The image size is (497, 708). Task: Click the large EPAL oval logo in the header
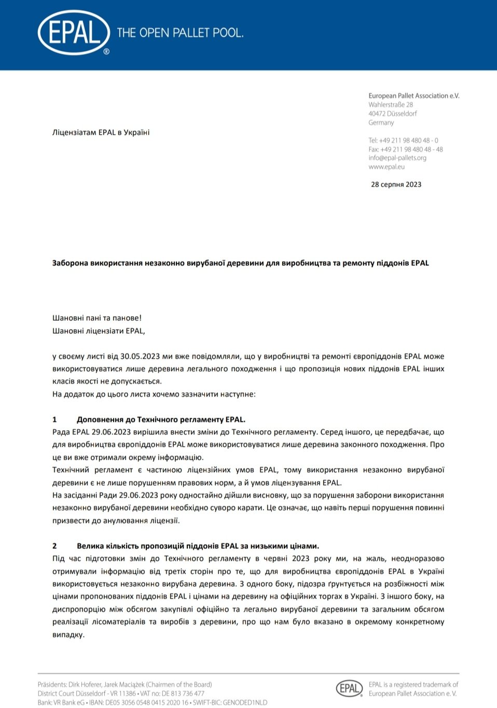(x=74, y=33)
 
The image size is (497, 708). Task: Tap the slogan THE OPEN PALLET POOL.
(x=180, y=33)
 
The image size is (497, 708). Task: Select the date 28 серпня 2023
(x=396, y=185)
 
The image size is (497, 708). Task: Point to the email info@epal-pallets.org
(x=397, y=158)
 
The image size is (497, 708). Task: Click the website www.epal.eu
(x=386, y=167)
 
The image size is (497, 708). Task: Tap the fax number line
(x=406, y=149)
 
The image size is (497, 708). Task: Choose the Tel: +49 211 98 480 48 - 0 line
(x=403, y=140)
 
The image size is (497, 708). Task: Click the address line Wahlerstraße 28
(x=391, y=105)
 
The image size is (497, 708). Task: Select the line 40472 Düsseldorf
(x=393, y=114)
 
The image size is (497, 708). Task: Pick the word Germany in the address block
(x=381, y=123)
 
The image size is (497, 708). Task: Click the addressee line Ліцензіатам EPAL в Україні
(x=101, y=133)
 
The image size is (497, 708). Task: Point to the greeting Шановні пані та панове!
(x=97, y=318)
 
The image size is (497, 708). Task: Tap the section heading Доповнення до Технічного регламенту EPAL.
(x=161, y=420)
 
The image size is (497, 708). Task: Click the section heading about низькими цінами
(x=198, y=546)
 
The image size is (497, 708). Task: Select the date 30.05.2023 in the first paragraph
(x=140, y=357)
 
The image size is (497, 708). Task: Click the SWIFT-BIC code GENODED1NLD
(x=245, y=702)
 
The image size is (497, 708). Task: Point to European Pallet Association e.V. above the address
(x=414, y=96)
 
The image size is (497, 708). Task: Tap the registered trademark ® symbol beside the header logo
(x=106, y=52)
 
